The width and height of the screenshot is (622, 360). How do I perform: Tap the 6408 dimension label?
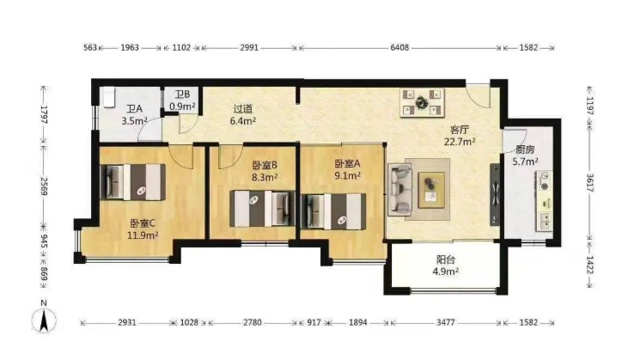coord(399,47)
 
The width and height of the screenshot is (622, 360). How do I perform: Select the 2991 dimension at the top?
coord(249,47)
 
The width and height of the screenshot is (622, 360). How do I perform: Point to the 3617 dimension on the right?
coord(590,183)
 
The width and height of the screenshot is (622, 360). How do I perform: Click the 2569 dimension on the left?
coord(44,186)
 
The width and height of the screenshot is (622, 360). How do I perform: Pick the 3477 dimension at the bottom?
coord(446,323)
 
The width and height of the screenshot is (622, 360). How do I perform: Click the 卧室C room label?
coord(143,223)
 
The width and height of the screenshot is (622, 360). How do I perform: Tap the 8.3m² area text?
coord(265,177)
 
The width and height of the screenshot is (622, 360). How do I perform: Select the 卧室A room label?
coord(347,163)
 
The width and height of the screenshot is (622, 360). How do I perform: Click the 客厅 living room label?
coord(460,130)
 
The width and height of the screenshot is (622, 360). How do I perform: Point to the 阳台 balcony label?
coord(446,260)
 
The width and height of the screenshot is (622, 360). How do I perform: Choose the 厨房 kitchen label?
coord(525,149)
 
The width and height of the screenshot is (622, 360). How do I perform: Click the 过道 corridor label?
coord(243,109)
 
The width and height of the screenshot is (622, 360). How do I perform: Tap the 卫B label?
coord(182,95)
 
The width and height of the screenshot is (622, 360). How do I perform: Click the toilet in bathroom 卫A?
coord(108,98)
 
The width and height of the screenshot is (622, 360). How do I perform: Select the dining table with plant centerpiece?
coord(422,103)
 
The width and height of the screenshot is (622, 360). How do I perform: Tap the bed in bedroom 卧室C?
coord(134,182)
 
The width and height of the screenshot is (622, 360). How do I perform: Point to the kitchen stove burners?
coord(545,180)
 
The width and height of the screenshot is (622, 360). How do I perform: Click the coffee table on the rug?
coord(430,190)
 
